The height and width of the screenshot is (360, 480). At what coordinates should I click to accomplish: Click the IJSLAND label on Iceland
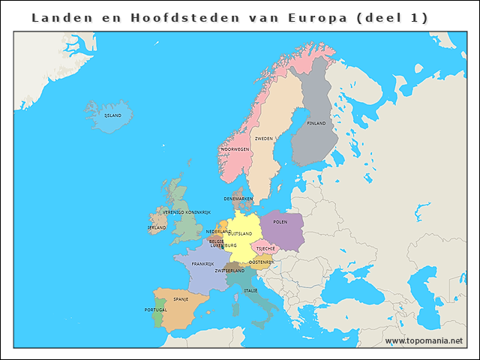click(x=112, y=116)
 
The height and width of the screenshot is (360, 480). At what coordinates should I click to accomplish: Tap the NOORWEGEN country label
click(x=235, y=149)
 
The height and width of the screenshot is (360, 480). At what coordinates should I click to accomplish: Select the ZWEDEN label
click(x=264, y=139)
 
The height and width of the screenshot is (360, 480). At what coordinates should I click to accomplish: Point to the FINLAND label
click(x=316, y=123)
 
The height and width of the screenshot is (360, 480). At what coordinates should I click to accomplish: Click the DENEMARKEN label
click(x=238, y=199)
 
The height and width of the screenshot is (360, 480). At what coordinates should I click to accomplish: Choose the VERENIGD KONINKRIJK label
click(x=187, y=212)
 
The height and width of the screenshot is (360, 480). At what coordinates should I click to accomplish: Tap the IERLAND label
click(x=157, y=227)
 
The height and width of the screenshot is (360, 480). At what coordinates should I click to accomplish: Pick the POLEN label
click(x=280, y=222)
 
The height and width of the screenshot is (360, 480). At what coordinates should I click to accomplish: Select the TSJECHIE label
click(x=266, y=248)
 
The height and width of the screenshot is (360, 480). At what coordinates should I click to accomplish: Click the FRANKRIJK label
click(x=202, y=264)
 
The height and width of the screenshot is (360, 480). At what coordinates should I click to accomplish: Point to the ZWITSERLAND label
click(x=229, y=271)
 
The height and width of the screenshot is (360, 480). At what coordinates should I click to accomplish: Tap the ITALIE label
click(x=250, y=290)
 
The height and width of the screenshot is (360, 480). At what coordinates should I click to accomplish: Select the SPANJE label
click(x=181, y=299)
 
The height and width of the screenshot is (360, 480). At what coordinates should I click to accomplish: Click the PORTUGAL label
click(x=156, y=310)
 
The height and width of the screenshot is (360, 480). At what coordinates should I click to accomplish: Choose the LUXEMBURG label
click(x=223, y=245)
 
